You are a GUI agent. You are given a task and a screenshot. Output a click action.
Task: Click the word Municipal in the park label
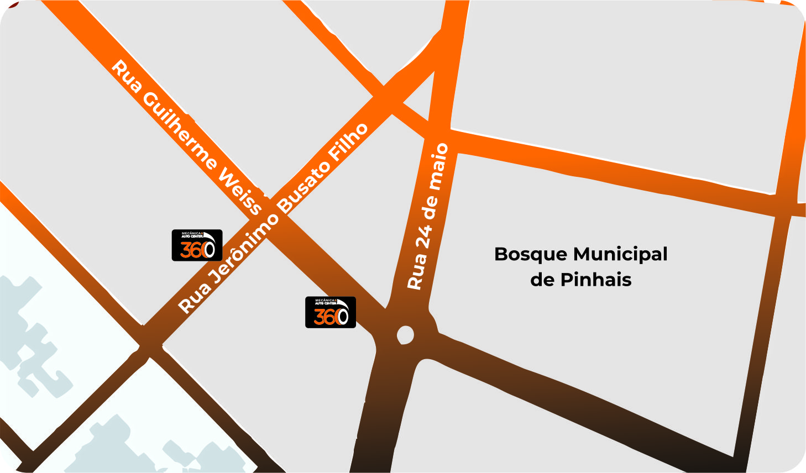tap(620, 255)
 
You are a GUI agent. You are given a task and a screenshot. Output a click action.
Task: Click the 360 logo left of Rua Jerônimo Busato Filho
tap(197, 245)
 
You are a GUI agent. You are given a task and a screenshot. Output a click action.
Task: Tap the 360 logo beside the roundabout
tap(331, 312)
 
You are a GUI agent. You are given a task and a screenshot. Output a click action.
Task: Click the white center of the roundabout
tap(405, 335)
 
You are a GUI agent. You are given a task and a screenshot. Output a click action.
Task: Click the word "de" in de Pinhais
tap(542, 280)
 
